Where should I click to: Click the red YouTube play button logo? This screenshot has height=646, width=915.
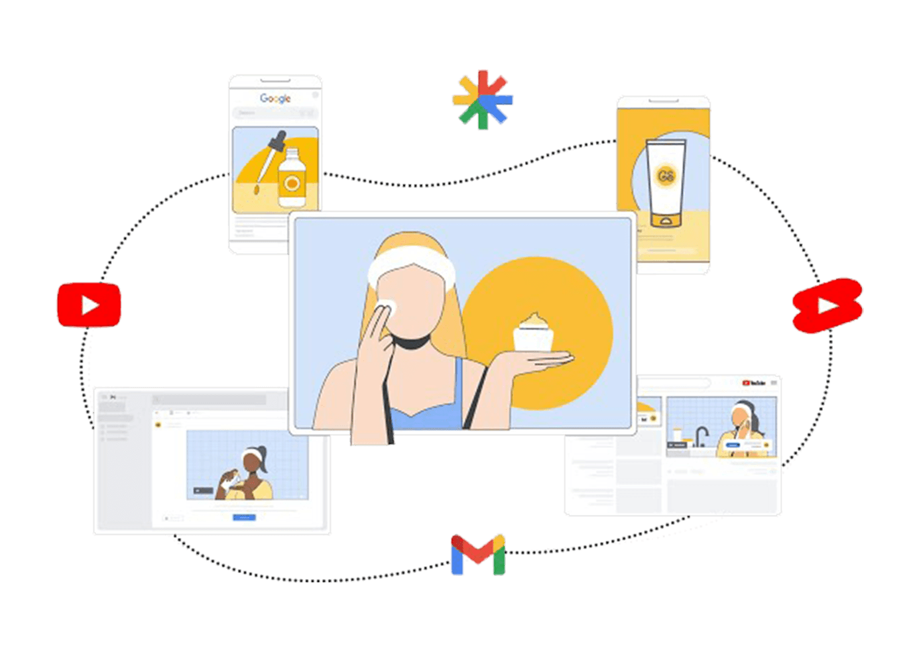[89, 305]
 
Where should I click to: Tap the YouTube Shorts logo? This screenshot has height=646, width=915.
[827, 305]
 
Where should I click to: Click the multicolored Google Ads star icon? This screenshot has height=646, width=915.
[483, 100]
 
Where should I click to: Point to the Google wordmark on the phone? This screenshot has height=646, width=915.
[275, 98]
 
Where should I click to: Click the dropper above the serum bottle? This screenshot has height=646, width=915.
[270, 160]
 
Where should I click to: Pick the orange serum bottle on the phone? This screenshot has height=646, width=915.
[291, 179]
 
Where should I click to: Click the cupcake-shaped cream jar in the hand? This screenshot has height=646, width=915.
[534, 332]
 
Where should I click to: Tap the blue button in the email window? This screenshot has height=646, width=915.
[244, 517]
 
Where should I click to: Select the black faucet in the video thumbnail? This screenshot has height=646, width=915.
[701, 437]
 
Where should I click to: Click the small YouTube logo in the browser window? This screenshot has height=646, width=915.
[753, 383]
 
